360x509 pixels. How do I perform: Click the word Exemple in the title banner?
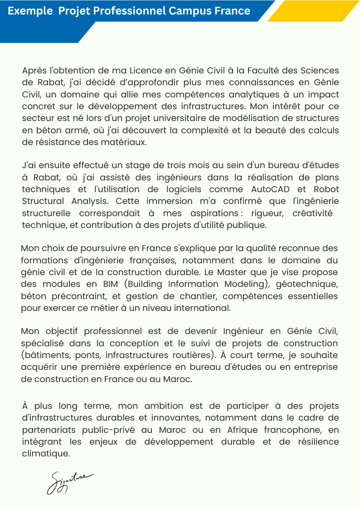[x=30, y=11]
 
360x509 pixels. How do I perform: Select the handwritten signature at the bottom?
[x=69, y=482]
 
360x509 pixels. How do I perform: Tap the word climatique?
[x=46, y=453]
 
